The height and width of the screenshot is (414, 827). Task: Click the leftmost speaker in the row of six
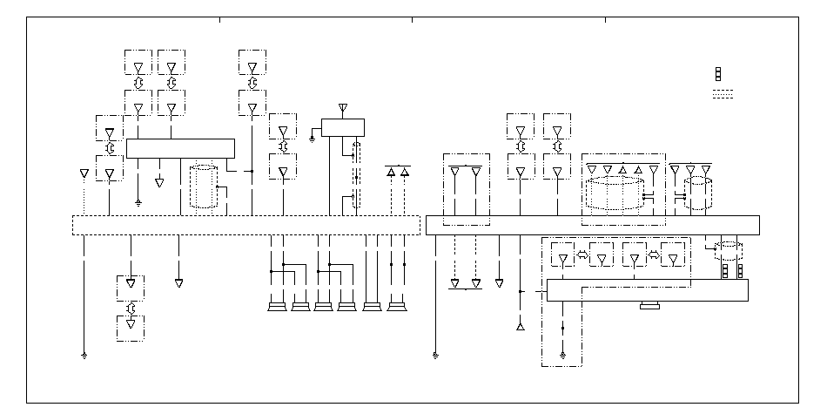pyautogui.click(x=278, y=306)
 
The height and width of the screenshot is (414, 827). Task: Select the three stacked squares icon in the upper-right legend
pyautogui.click(x=718, y=73)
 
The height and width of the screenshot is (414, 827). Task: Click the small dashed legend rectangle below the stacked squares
pyautogui.click(x=723, y=95)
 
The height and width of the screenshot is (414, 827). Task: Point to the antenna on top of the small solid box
pyautogui.click(x=342, y=108)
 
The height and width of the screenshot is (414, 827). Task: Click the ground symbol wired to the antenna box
pyautogui.click(x=312, y=137)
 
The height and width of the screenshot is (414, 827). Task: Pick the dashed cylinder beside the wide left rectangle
pyautogui.click(x=203, y=186)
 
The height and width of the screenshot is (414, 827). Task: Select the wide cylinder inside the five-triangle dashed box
pyautogui.click(x=614, y=193)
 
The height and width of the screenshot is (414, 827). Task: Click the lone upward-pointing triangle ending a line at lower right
pyautogui.click(x=521, y=327)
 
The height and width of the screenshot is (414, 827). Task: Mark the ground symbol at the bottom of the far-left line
pyautogui.click(x=84, y=356)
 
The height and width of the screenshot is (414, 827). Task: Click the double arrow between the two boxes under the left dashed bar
pyautogui.click(x=131, y=308)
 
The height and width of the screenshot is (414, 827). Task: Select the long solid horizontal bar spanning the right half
pyautogui.click(x=592, y=225)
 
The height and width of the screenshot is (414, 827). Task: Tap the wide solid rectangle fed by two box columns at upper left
pyautogui.click(x=180, y=148)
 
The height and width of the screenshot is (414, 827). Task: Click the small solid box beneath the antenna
pyautogui.click(x=342, y=127)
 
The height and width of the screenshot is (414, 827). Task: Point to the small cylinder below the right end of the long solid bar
pyautogui.click(x=728, y=252)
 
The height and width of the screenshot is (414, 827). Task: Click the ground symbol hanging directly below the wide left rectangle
pyautogui.click(x=138, y=201)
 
